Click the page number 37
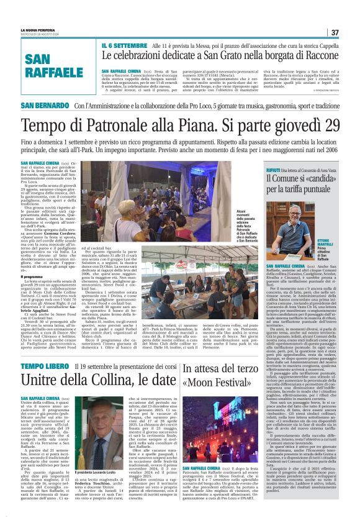point(335,32)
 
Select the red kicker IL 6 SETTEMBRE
point(124,45)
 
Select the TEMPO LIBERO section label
point(47,350)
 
